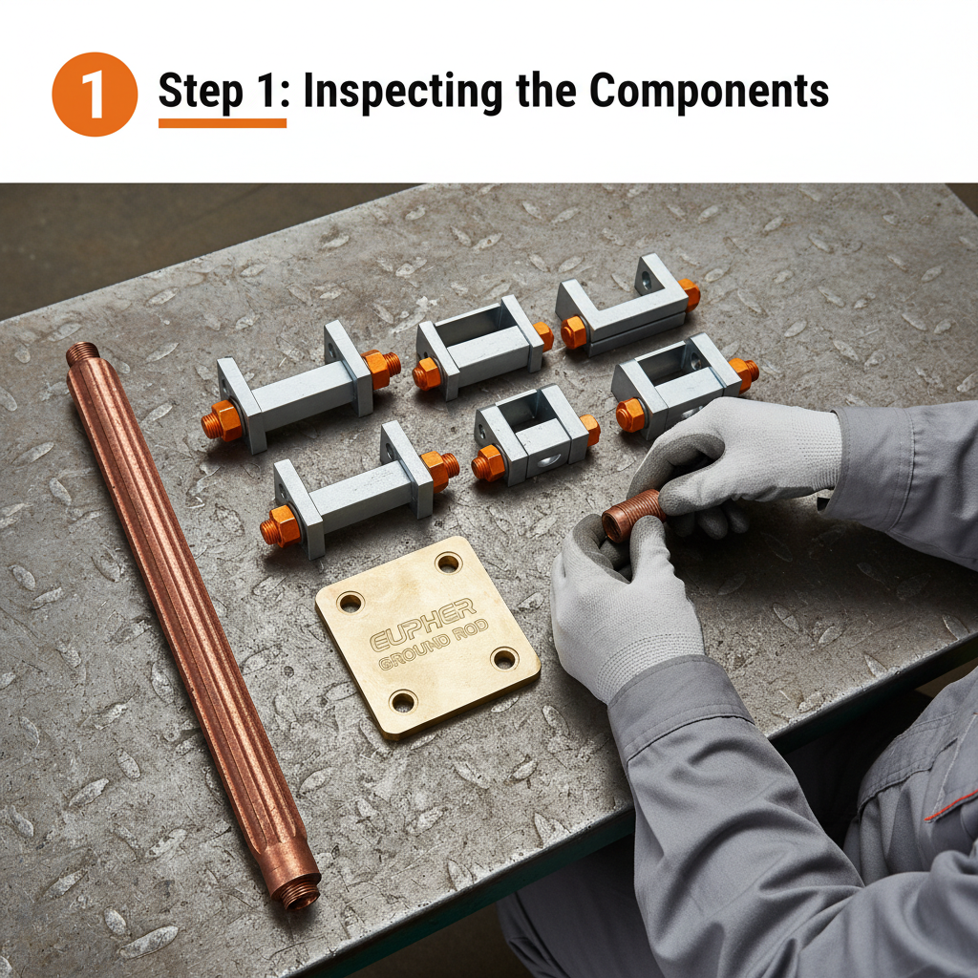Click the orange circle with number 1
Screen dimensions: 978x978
[95, 94]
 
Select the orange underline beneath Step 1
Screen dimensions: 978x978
[222, 123]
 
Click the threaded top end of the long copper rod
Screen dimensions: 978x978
[83, 354]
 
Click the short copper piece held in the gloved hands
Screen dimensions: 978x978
[631, 516]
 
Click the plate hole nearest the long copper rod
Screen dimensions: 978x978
[350, 603]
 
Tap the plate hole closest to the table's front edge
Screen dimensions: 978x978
[404, 702]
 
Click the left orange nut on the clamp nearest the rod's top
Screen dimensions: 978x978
[223, 420]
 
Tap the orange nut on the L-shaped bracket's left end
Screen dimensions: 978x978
[574, 331]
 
